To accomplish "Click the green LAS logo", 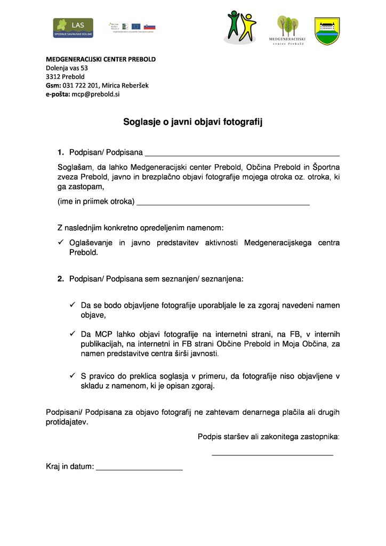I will click(x=73, y=28).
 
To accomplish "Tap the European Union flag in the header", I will click(x=136, y=26).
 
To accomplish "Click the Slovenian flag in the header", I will click(x=149, y=26).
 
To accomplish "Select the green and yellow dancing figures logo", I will click(x=240, y=27).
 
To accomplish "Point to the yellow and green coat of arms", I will click(x=327, y=31).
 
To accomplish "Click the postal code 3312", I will click(x=53, y=76).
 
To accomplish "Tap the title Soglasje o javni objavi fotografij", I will click(x=193, y=122).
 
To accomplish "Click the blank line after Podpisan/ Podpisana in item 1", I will click(x=242, y=154).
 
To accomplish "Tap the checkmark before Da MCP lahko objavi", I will click(x=73, y=334).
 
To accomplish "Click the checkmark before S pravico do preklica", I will click(x=73, y=376).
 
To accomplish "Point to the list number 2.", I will click(x=61, y=279).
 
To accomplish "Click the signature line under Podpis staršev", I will click(x=272, y=454).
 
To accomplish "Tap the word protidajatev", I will click(x=67, y=422).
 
